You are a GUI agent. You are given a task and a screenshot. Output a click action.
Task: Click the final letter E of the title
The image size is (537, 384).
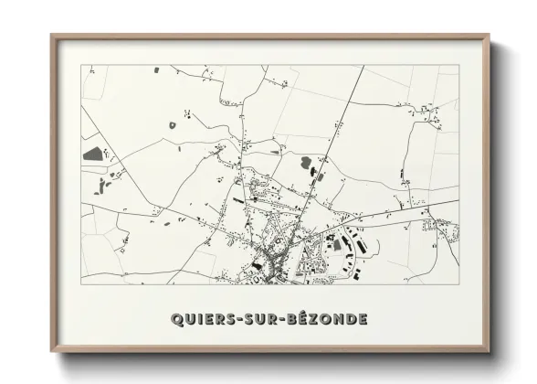[x=363, y=319]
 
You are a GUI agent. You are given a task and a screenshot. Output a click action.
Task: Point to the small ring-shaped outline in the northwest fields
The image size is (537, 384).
[x=186, y=112]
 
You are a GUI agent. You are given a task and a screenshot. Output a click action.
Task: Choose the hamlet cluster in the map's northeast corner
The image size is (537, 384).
[x=427, y=113]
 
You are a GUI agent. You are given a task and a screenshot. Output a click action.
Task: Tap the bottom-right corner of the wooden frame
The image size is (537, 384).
[x=489, y=353]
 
